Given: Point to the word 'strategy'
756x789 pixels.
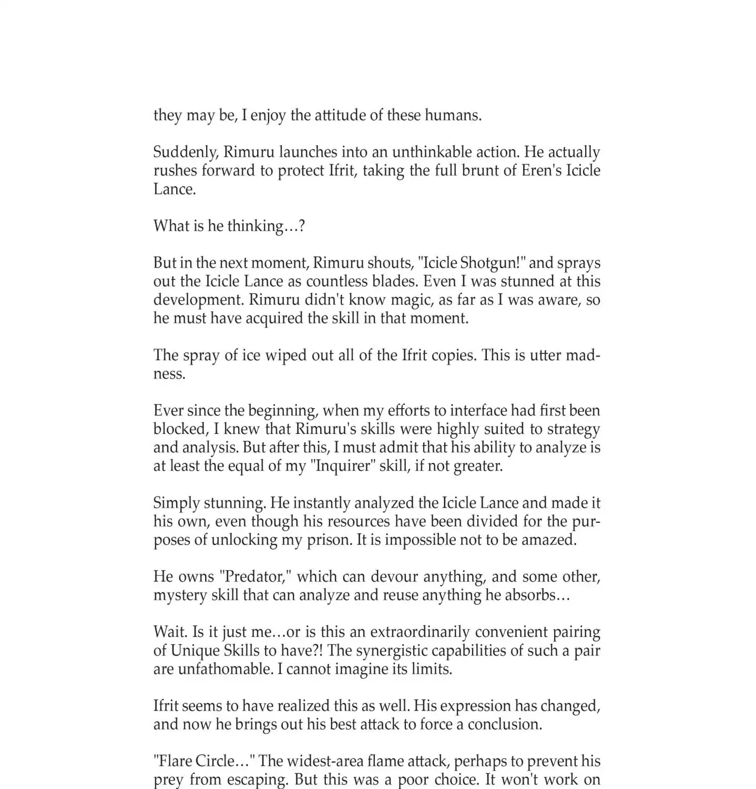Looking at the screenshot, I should pyautogui.click(x=574, y=429).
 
